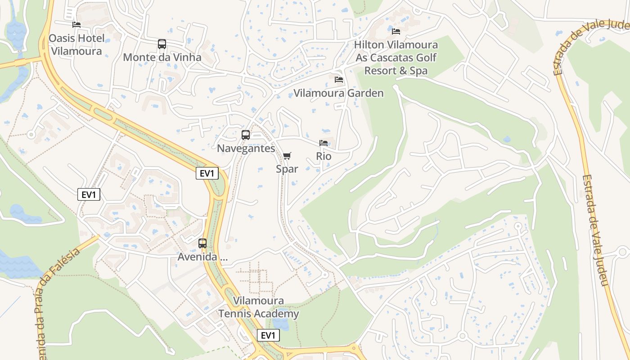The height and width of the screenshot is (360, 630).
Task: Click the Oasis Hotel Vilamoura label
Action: click(x=76, y=45)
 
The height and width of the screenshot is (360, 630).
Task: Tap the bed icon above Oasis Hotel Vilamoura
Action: click(x=76, y=25)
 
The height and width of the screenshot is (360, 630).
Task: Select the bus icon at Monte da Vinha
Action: click(x=162, y=44)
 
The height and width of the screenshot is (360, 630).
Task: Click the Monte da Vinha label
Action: click(x=162, y=58)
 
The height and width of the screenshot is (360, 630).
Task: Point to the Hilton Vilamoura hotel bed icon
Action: click(x=396, y=31)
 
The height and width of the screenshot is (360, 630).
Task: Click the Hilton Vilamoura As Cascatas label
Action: click(x=396, y=58)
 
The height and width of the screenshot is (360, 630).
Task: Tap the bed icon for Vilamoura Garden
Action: click(x=339, y=80)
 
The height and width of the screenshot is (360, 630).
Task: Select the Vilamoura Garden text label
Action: click(x=338, y=93)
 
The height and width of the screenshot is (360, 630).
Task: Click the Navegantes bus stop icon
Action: click(x=246, y=135)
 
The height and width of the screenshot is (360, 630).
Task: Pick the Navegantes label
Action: click(x=246, y=148)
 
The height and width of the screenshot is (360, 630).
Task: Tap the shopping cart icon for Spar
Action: click(x=287, y=156)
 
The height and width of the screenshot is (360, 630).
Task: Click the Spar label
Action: click(x=287, y=169)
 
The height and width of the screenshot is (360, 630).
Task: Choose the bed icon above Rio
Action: click(x=324, y=143)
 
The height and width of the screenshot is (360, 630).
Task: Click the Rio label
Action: click(x=324, y=156)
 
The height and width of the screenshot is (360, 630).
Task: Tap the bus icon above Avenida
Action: click(x=202, y=243)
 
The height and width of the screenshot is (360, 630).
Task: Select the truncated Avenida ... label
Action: click(x=202, y=257)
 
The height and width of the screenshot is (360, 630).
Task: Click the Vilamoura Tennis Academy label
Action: click(x=259, y=307)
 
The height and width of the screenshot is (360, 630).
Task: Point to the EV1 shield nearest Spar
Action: click(x=207, y=173)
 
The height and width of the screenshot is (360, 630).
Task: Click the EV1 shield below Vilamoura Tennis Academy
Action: click(x=268, y=335)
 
